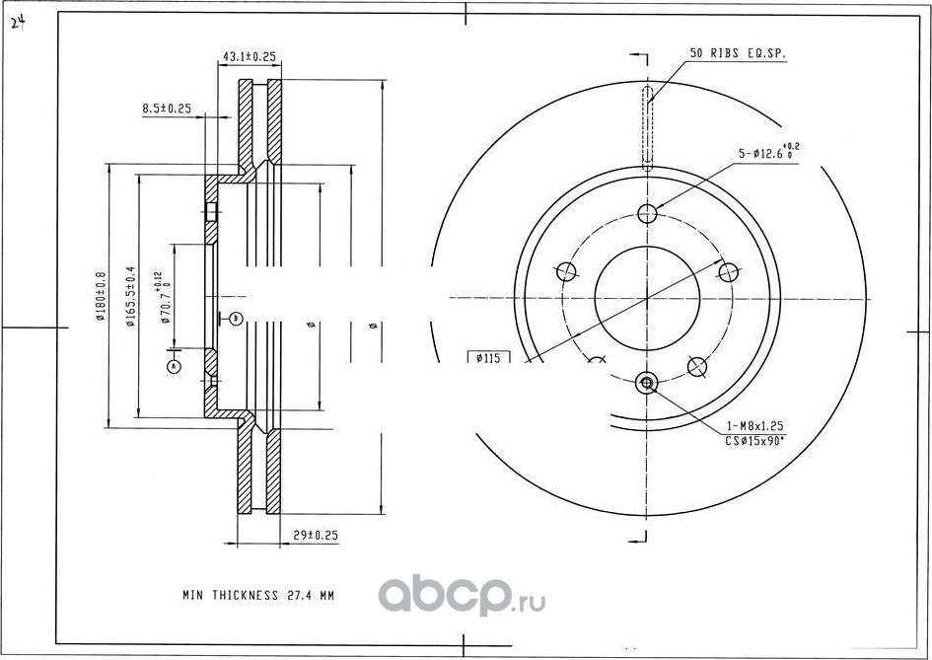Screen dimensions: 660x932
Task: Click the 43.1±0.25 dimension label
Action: click(x=248, y=57)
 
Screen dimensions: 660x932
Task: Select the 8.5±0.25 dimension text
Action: click(x=166, y=108)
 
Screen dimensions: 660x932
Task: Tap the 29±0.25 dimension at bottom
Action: click(x=316, y=535)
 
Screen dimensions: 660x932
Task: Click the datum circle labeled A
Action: click(x=175, y=366)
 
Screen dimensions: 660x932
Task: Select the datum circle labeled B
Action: click(x=236, y=318)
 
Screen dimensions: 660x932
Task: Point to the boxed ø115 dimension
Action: click(x=489, y=358)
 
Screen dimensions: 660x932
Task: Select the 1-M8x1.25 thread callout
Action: click(x=754, y=426)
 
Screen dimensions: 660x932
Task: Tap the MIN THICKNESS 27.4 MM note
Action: click(x=258, y=595)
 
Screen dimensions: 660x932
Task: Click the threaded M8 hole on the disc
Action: click(x=647, y=383)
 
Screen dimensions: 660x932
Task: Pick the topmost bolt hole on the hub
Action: click(x=647, y=213)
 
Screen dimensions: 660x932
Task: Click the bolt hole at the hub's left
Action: click(x=566, y=271)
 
